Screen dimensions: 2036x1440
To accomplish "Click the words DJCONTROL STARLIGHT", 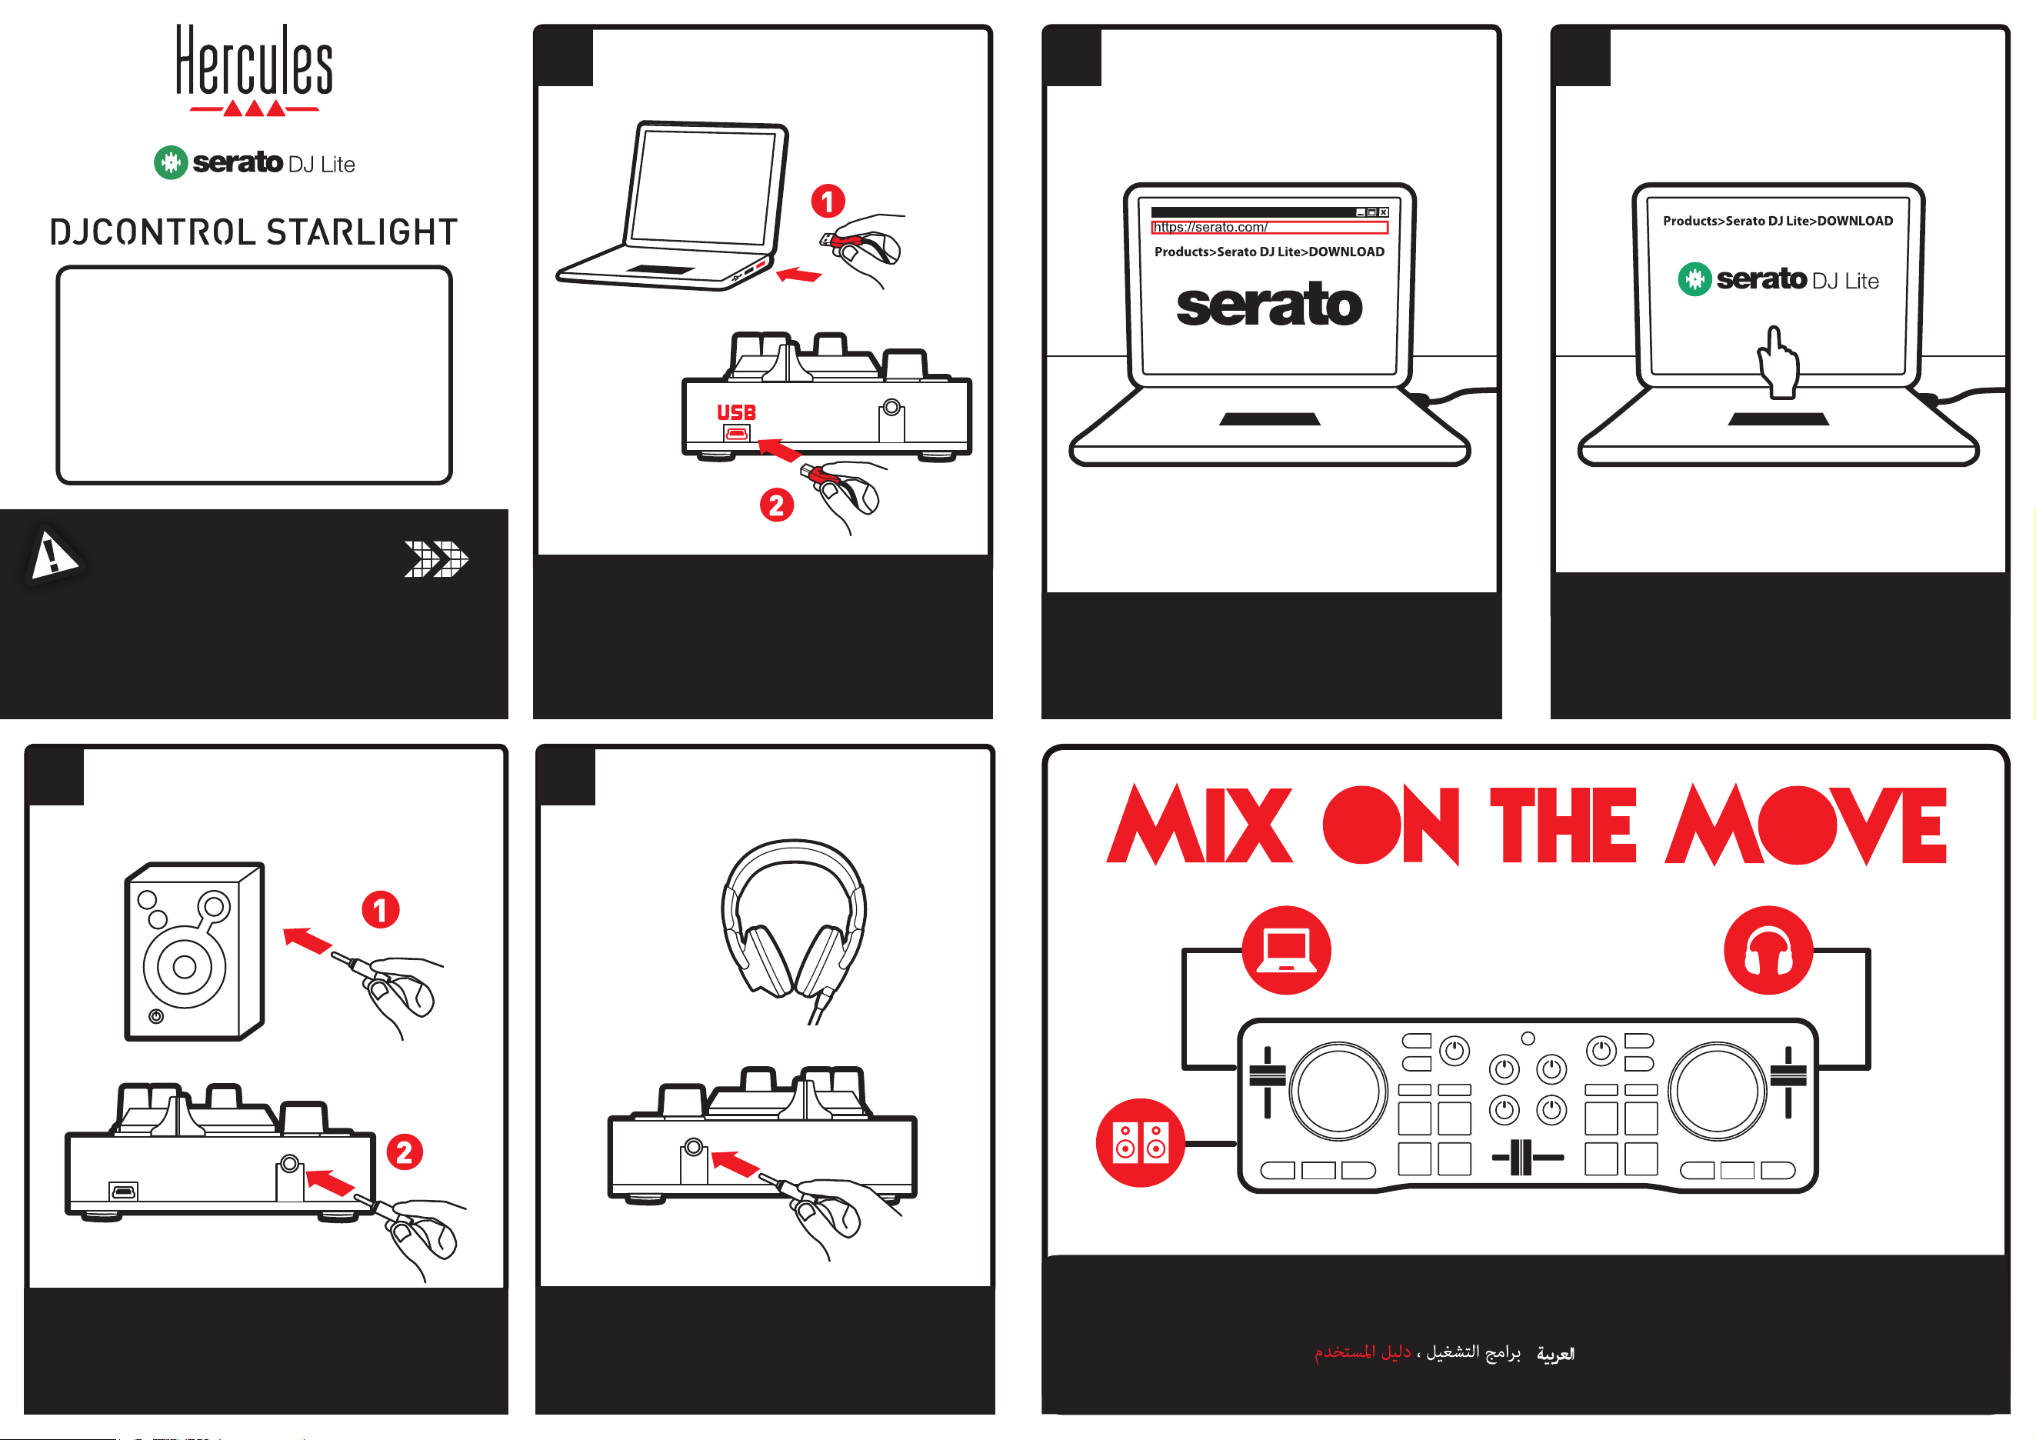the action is point(254,232).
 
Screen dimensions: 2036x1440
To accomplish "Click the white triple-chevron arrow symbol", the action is point(436,559).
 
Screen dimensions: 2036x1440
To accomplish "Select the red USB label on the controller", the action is point(736,412).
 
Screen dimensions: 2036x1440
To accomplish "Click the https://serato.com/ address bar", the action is point(1269,228).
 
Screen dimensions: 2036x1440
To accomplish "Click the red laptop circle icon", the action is point(1286,950).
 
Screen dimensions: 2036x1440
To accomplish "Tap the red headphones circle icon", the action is point(1768,950).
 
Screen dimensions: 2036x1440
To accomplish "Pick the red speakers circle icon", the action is point(1141,1142).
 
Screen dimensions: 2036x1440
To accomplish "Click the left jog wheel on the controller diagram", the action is point(1338,1091).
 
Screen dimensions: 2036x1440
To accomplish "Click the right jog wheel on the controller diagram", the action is point(1718,1091).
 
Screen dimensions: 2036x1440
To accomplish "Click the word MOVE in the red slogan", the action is point(1805,825).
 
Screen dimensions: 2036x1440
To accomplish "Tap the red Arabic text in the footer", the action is point(1362,1352).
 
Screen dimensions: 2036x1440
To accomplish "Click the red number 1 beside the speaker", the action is point(381,910).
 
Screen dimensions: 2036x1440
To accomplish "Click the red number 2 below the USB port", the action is point(777,505).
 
